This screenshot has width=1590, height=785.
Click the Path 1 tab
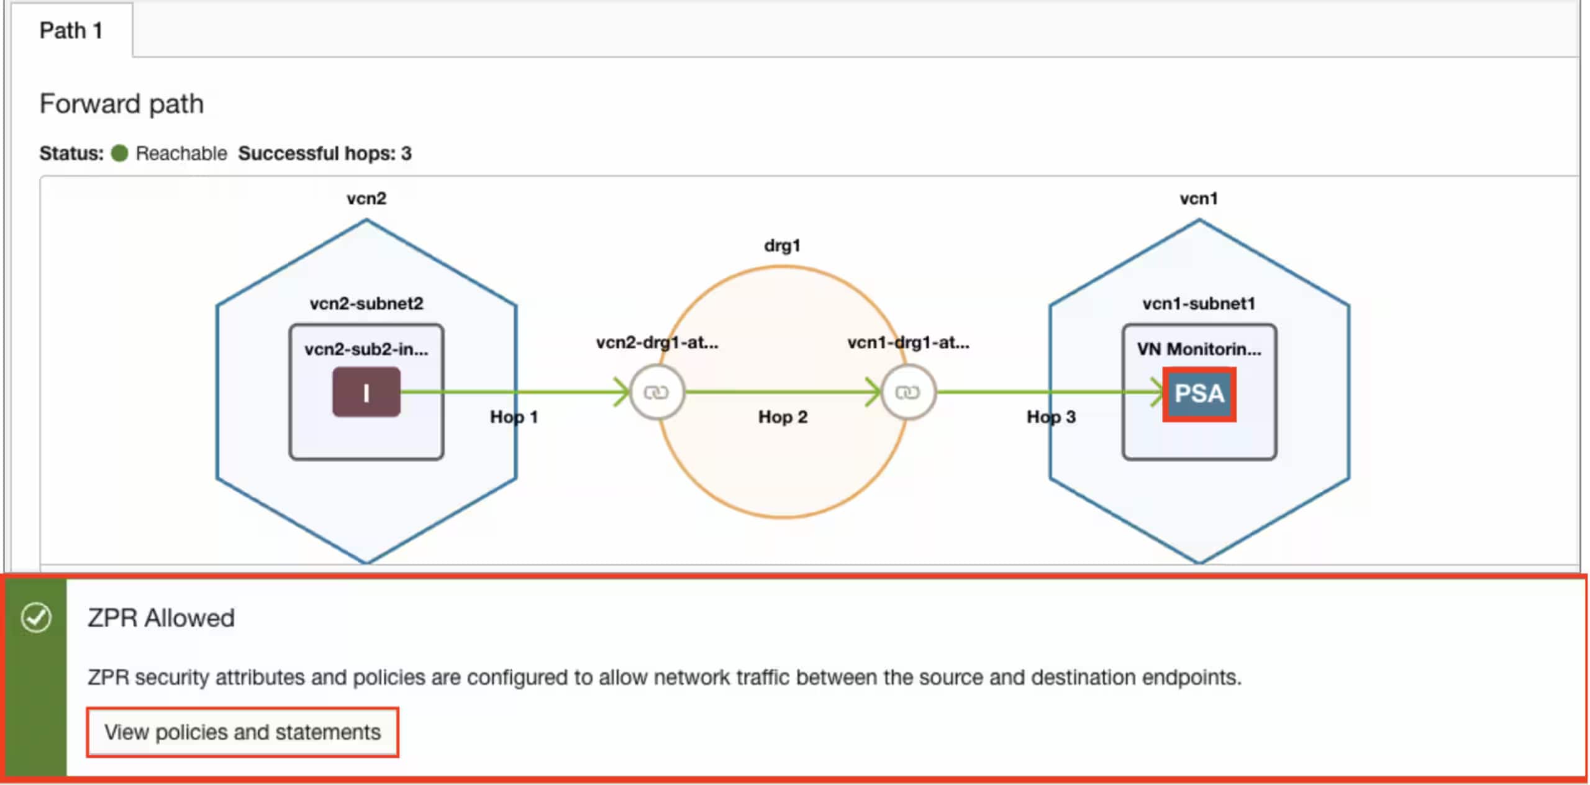click(x=71, y=30)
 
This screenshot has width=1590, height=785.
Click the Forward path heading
click(x=122, y=104)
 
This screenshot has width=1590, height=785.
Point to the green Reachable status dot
click(x=119, y=153)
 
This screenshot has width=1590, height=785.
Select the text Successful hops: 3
click(x=325, y=153)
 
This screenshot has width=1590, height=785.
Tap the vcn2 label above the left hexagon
click(x=366, y=199)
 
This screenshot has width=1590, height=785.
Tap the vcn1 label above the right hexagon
click(x=1199, y=199)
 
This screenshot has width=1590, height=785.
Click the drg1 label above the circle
click(x=782, y=246)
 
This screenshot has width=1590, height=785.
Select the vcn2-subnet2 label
click(x=366, y=304)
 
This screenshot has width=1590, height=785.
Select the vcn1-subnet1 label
click(x=1199, y=304)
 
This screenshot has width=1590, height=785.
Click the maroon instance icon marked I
click(x=366, y=392)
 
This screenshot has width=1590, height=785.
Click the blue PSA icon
click(x=1199, y=394)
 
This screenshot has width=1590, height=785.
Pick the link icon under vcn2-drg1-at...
click(x=656, y=392)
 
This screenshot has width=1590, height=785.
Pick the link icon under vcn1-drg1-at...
click(x=908, y=392)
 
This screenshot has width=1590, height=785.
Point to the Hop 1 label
click(x=514, y=417)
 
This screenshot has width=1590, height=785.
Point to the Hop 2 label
click(x=783, y=417)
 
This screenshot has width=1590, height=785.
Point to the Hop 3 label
click(x=1051, y=417)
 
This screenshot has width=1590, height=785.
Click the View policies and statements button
click(x=242, y=732)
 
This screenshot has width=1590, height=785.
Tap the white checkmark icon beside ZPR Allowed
click(x=36, y=618)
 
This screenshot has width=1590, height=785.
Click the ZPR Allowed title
click(x=161, y=619)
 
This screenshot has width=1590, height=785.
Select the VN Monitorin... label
click(x=1199, y=349)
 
